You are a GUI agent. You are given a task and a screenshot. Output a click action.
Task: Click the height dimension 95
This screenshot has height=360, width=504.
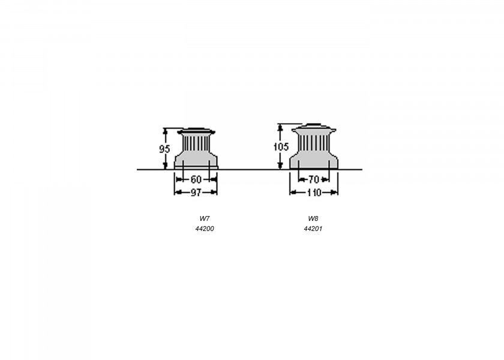[164, 149]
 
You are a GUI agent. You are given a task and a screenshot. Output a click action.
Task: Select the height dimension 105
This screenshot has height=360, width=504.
[281, 147]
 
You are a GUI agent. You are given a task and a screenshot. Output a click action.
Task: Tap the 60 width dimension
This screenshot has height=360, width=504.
[196, 179]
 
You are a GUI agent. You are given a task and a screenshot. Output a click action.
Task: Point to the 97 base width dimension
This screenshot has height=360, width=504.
[196, 193]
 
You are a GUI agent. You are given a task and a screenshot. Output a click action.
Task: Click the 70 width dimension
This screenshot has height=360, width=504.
[314, 179]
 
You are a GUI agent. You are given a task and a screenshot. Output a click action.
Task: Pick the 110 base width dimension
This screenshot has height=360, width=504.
[314, 193]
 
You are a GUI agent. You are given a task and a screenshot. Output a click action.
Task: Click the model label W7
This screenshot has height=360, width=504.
[205, 218]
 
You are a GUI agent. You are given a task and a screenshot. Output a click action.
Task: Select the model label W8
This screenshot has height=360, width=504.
[313, 218]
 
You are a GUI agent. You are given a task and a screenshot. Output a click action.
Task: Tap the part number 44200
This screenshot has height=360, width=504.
[205, 229]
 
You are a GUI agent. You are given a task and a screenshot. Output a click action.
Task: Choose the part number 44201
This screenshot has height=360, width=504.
[313, 229]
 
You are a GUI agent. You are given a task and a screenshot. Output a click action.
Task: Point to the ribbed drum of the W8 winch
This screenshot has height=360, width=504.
[314, 142]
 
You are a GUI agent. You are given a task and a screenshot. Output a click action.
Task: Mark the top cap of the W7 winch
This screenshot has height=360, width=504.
[196, 131]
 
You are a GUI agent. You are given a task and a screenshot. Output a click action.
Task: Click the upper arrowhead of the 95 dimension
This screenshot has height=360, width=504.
[165, 131]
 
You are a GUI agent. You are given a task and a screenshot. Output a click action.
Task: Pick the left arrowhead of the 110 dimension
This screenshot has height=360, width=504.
[293, 193]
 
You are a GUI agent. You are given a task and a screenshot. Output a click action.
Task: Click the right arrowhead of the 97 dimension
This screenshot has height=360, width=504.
[214, 193]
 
